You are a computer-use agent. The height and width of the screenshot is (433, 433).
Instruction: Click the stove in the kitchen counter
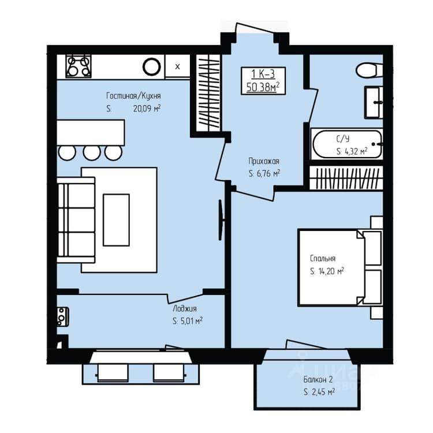tap(79, 66)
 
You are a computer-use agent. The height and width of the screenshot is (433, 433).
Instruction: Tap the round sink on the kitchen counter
tap(152, 66)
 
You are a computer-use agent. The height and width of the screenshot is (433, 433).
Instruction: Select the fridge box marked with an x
tap(178, 66)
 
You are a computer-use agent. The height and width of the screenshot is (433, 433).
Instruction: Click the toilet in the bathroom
tap(369, 70)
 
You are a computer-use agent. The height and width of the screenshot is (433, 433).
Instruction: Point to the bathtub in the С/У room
tap(347, 144)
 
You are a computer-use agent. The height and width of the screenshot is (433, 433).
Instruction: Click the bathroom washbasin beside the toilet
tap(374, 102)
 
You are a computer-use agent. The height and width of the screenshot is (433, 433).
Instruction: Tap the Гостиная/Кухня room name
tap(133, 96)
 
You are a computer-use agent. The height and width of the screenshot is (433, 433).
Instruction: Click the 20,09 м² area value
tap(147, 109)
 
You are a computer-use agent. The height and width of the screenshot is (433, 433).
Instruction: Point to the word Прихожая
tap(264, 161)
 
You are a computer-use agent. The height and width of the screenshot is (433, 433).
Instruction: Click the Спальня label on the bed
tap(323, 259)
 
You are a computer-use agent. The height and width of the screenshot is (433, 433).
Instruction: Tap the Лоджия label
tap(185, 308)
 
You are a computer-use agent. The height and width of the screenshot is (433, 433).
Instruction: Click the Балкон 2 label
tap(318, 380)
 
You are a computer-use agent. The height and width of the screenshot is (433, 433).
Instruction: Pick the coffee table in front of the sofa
tap(116, 220)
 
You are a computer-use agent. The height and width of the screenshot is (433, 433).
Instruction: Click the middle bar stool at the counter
tap(92, 153)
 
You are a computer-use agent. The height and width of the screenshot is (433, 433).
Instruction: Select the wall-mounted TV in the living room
tap(221, 220)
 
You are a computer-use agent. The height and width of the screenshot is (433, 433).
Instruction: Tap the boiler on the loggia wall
tap(63, 317)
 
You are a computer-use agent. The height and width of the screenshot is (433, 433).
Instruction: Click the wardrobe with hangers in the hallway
tap(208, 93)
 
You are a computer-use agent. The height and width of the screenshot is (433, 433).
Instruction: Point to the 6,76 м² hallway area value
tap(264, 174)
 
